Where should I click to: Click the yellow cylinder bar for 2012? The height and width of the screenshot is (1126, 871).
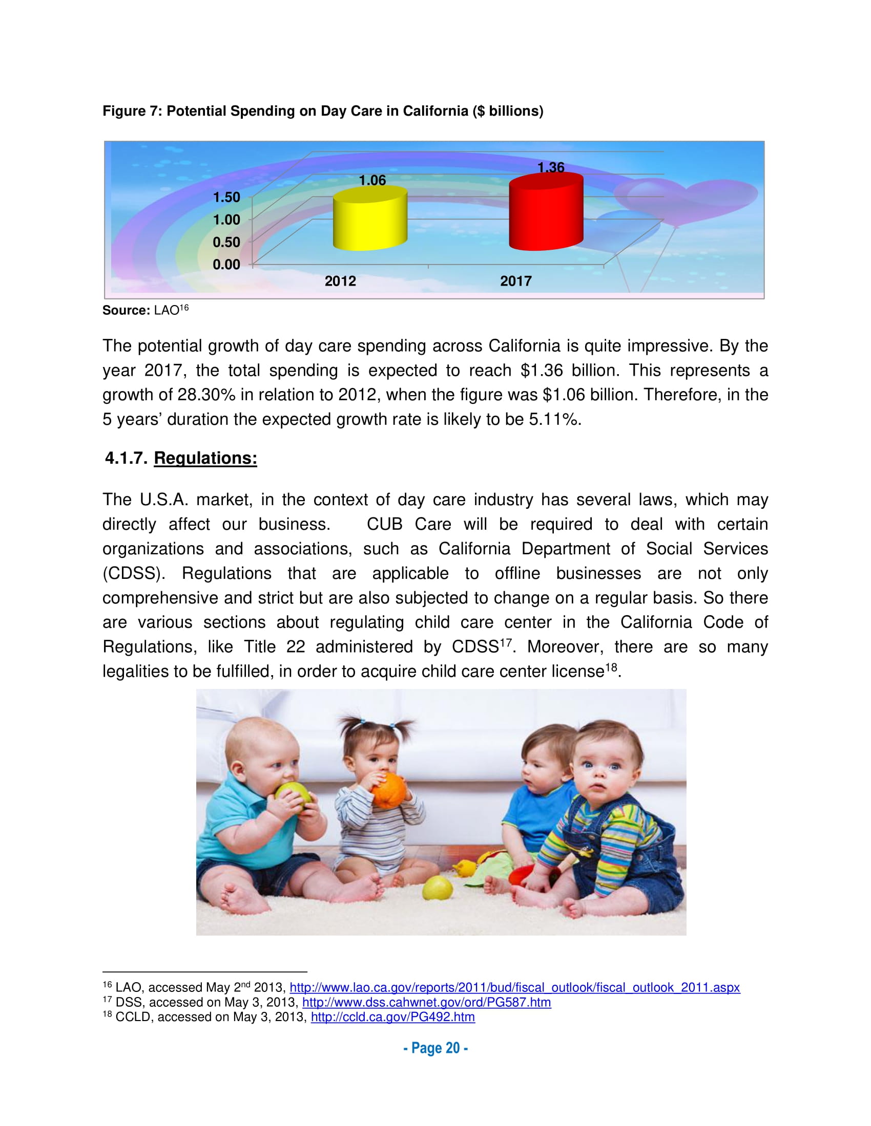[370, 219]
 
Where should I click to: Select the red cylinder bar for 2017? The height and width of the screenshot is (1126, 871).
[546, 212]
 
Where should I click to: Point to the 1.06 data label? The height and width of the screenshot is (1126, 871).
[372, 180]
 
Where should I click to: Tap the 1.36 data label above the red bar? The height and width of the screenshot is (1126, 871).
[551, 167]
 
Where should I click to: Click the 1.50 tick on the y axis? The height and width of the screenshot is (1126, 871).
[226, 197]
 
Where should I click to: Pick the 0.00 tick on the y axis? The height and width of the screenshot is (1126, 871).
[226, 265]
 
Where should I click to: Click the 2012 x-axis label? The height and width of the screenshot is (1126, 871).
[340, 281]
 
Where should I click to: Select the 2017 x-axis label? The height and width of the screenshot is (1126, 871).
[515, 281]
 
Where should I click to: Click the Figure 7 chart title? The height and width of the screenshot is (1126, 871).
[322, 111]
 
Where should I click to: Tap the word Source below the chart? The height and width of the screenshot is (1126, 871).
[126, 310]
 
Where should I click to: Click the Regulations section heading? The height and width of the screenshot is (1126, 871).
[205, 458]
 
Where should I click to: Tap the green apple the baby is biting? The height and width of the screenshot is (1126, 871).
[293, 794]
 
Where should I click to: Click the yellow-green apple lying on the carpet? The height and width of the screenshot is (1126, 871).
[438, 888]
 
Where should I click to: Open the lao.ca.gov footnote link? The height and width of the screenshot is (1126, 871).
[514, 987]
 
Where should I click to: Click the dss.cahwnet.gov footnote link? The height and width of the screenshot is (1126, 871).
[426, 1002]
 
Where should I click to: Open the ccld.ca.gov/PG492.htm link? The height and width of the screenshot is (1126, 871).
[392, 1016]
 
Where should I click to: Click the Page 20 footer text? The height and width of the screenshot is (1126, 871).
[435, 1048]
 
